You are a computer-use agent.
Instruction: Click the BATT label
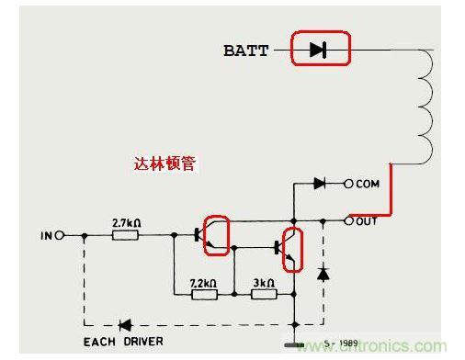pyautogui.click(x=246, y=51)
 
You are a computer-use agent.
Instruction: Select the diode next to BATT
pyautogui.click(x=318, y=50)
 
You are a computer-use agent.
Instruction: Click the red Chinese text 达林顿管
pyautogui.click(x=164, y=163)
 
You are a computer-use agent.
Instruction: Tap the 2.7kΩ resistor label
pyautogui.click(x=127, y=223)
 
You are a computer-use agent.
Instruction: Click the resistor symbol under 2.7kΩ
pyautogui.click(x=125, y=235)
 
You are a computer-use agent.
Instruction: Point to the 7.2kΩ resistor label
pyautogui.click(x=203, y=283)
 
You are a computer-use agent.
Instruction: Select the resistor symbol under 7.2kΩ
pyautogui.click(x=205, y=295)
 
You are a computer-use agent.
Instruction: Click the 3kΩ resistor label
pyautogui.click(x=264, y=283)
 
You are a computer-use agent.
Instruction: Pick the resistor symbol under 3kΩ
pyautogui.click(x=264, y=295)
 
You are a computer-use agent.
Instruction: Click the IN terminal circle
pyautogui.click(x=60, y=235)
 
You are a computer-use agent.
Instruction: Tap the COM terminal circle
pyautogui.click(x=348, y=184)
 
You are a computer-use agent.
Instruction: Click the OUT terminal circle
pyautogui.click(x=348, y=220)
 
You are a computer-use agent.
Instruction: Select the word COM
pyautogui.click(x=368, y=184)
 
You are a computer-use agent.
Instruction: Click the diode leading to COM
pyautogui.click(x=320, y=184)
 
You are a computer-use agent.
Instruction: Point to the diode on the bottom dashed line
pyautogui.click(x=125, y=325)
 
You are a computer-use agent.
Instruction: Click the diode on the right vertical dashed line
pyautogui.click(x=323, y=274)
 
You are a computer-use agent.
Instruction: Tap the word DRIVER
pyautogui.click(x=143, y=342)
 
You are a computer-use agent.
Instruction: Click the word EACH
pyautogui.click(x=99, y=342)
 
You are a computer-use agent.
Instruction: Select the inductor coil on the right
pyautogui.click(x=425, y=107)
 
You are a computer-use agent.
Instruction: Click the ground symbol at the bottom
pyautogui.click(x=294, y=345)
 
